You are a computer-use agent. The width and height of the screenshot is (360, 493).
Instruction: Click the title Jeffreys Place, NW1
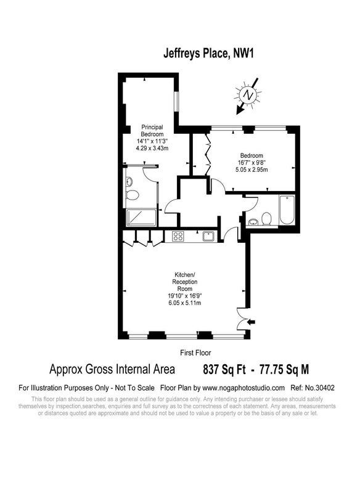coord(208,53)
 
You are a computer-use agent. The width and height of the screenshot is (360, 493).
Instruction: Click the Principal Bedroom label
coord(152,131)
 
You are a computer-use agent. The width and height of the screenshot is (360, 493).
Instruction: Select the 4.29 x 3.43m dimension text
coord(152,148)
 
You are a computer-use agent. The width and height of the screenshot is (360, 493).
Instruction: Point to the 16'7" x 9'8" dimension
coord(252,163)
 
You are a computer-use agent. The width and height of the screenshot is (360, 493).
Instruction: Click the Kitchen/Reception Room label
coord(184,282)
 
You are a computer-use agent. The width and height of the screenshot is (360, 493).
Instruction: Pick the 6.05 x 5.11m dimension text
coord(184,303)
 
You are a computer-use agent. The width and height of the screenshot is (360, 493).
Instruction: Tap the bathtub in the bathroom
coord(287,210)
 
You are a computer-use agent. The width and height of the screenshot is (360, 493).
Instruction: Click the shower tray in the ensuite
coord(142,218)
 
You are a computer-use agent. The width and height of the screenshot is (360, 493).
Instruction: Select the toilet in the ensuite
coord(133,195)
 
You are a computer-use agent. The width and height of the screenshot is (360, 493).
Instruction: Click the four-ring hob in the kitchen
coord(178,236)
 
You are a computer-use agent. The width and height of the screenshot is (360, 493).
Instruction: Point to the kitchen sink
coord(208,236)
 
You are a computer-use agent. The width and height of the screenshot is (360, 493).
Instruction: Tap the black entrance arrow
coord(252,322)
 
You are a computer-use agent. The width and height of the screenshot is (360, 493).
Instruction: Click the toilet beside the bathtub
coord(267,219)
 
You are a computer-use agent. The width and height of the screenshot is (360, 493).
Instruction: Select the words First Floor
coord(195,352)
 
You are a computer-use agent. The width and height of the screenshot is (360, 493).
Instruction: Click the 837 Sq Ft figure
coord(224,369)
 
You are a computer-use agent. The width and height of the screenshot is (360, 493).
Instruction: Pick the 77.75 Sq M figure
coord(284,369)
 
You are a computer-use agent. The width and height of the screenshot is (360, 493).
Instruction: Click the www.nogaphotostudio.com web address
coord(243,388)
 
